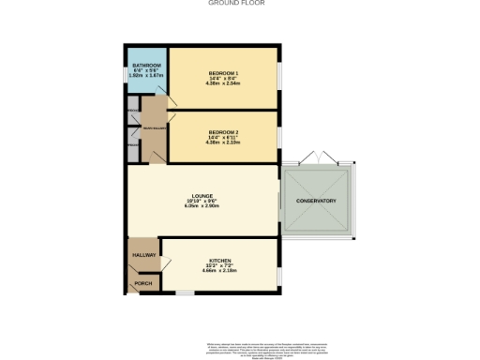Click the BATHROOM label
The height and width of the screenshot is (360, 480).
[146, 66]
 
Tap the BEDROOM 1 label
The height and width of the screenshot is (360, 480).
[223, 73]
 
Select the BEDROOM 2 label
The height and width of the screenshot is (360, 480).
[223, 133]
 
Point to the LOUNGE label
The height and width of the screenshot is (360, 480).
[203, 196]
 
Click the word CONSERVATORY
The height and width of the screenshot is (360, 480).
[316, 202]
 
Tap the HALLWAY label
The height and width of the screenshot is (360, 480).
[143, 254]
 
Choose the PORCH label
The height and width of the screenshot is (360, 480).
[143, 282]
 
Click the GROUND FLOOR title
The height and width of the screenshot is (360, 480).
[235, 4]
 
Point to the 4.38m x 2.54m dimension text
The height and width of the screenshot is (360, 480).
[223, 84]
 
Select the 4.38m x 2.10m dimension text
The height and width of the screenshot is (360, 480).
[223, 143]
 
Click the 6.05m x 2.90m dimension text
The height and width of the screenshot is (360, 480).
[203, 207]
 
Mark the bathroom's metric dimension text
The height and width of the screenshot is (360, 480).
[146, 77]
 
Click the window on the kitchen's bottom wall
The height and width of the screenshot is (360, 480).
[185, 293]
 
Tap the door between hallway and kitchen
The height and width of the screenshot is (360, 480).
[161, 251]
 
